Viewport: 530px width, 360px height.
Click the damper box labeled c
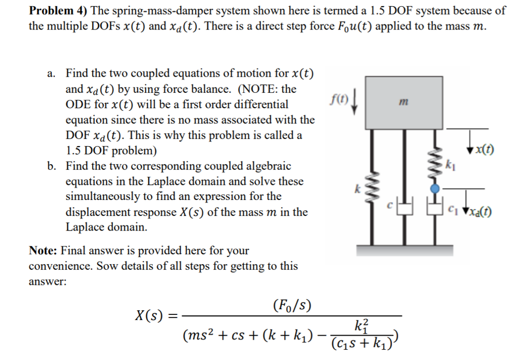405,208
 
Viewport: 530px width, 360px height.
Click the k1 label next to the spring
449,165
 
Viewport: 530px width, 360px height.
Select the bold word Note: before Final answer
43,251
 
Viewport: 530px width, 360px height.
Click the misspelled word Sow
105,266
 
